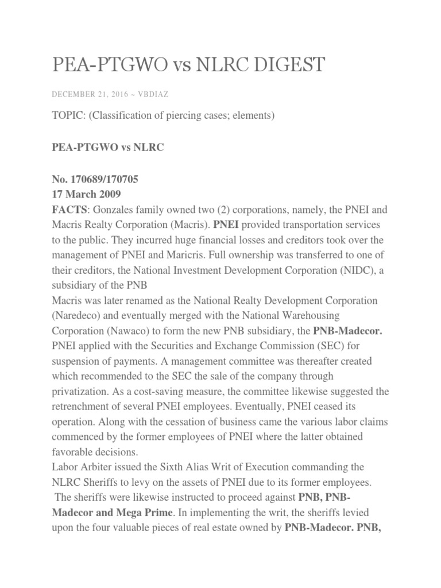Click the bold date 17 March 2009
[x=84, y=194]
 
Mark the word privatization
[x=80, y=390]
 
